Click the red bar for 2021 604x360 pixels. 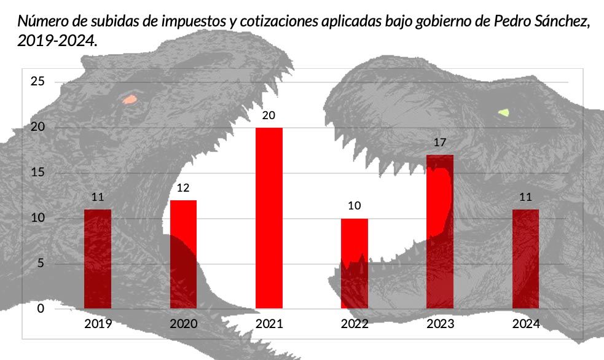click(x=269, y=218)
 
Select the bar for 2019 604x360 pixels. click(x=98, y=259)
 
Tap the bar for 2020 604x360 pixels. click(x=183, y=254)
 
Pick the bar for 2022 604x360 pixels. click(x=355, y=264)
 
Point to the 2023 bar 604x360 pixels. click(x=440, y=232)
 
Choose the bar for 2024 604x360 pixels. click(x=525, y=259)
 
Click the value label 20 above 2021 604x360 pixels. click(x=269, y=115)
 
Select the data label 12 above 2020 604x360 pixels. click(x=183, y=188)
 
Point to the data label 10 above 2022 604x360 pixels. click(x=355, y=206)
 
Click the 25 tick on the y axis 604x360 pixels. click(x=38, y=81)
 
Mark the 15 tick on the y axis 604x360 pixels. click(x=38, y=173)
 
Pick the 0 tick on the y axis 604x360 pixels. click(x=41, y=308)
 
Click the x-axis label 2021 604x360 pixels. click(x=269, y=324)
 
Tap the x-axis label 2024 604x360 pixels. click(x=525, y=324)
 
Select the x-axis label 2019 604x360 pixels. click(x=98, y=324)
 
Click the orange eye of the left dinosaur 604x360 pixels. click(x=130, y=99)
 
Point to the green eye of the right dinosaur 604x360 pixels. click(x=504, y=112)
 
